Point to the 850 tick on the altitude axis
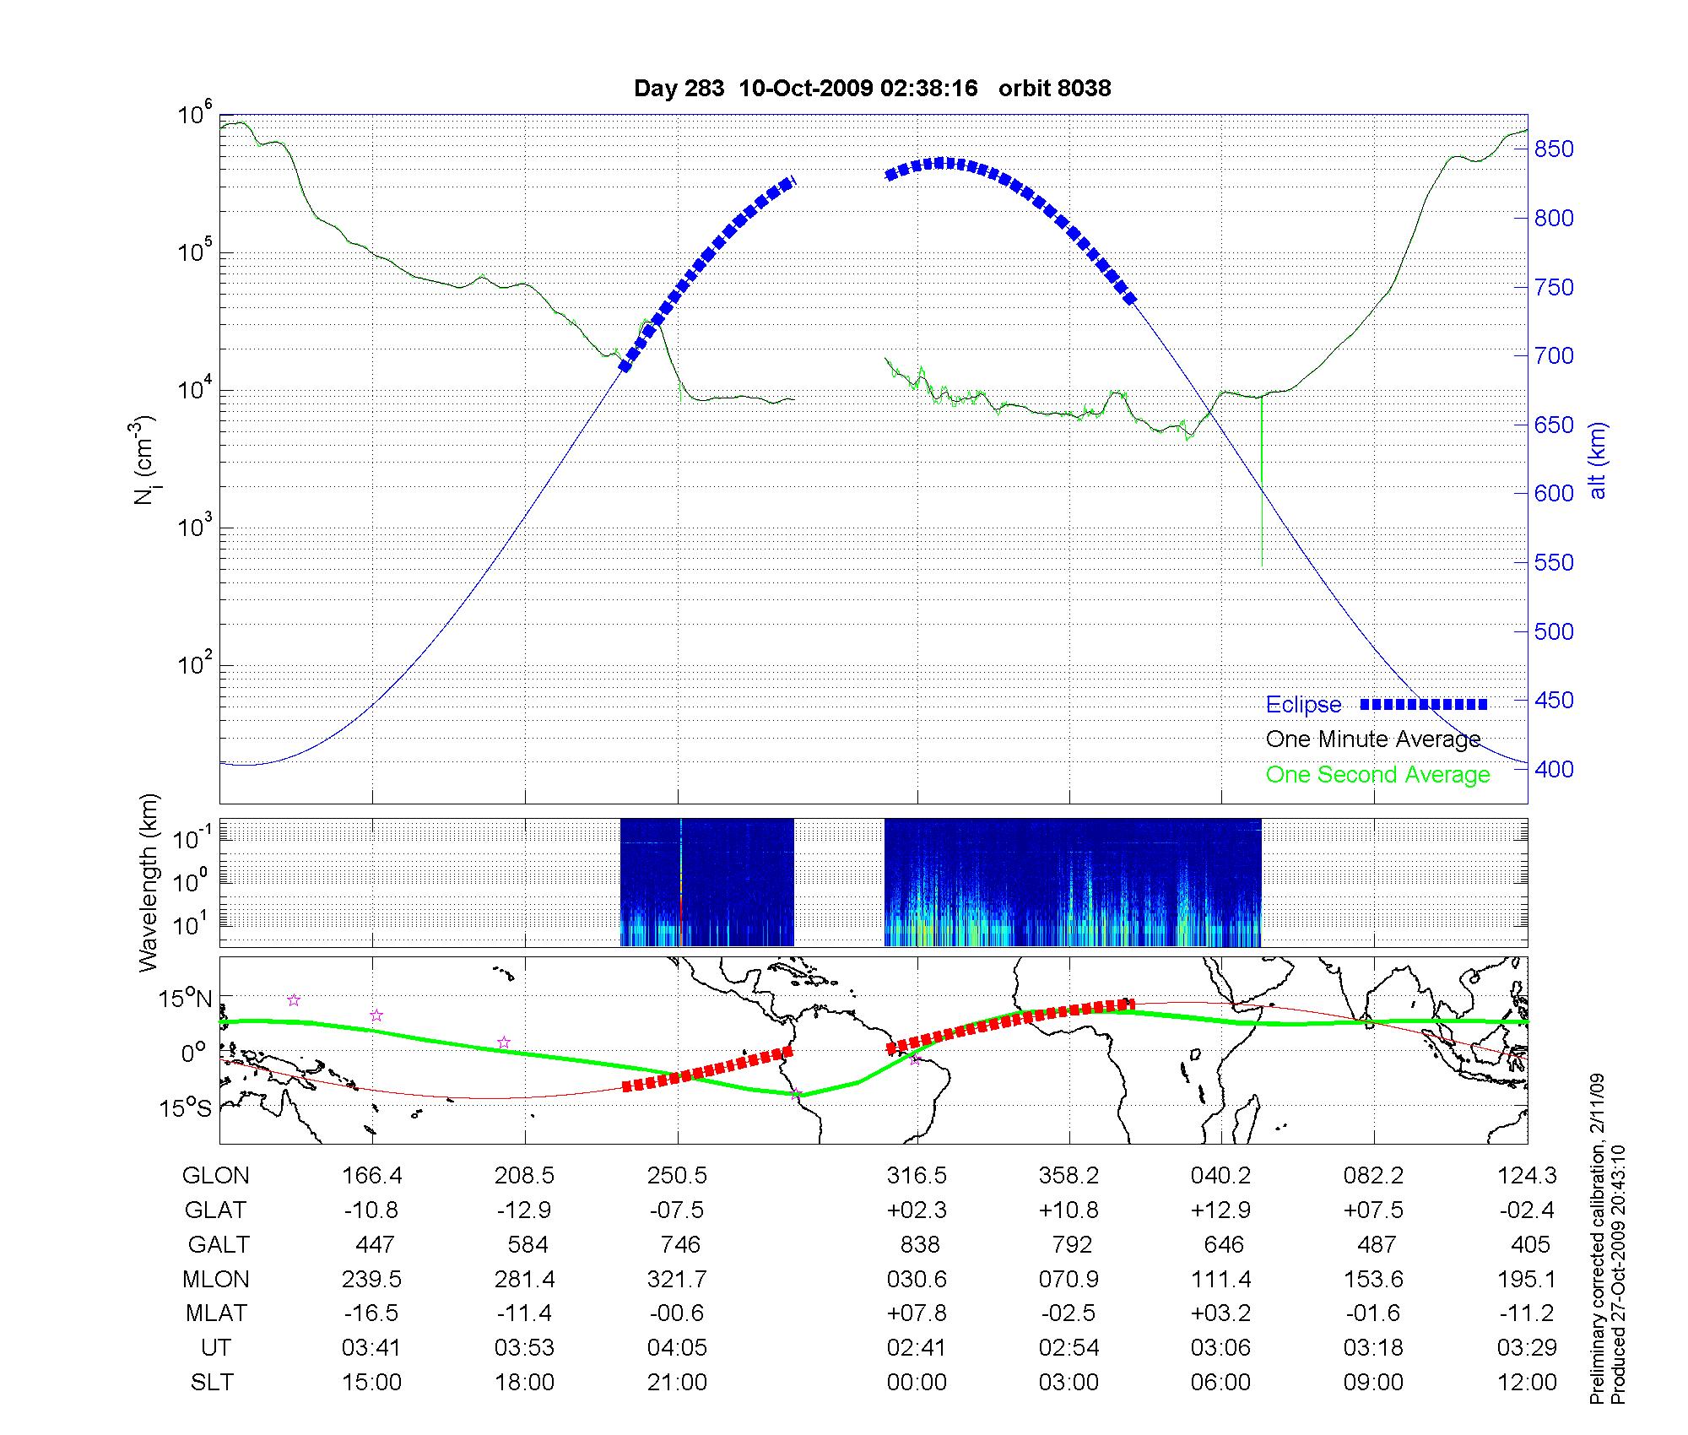(x=1554, y=149)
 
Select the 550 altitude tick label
(x=1554, y=563)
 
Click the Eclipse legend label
(x=1303, y=705)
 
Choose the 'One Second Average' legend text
(x=1377, y=775)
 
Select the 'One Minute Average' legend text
(x=1373, y=740)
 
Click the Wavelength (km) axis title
(x=149, y=883)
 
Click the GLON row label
(x=215, y=1176)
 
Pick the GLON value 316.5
(x=917, y=1176)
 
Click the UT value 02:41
(x=917, y=1348)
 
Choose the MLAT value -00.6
(x=677, y=1313)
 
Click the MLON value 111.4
(x=1220, y=1280)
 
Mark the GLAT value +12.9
(x=1220, y=1210)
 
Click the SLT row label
(x=212, y=1383)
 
